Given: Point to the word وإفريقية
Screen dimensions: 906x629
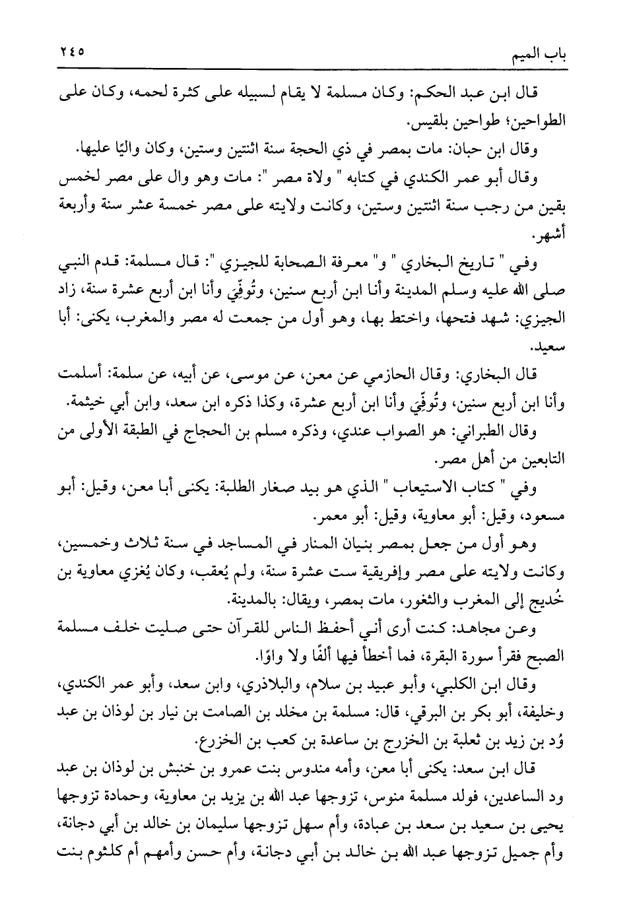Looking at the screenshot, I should (372, 573).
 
